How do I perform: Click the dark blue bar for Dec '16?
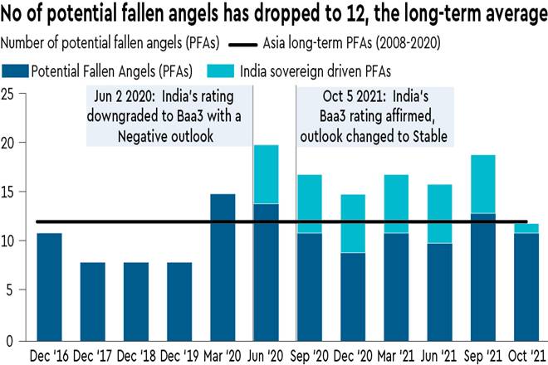(49, 287)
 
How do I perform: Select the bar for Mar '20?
(223, 268)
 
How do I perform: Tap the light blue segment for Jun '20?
(266, 174)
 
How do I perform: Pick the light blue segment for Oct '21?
(526, 228)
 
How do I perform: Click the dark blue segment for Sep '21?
(482, 277)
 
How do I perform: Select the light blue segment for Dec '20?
(353, 223)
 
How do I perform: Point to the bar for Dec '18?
(136, 302)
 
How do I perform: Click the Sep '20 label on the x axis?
(310, 356)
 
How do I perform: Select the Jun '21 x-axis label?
(439, 356)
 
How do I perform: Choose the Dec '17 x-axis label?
(92, 356)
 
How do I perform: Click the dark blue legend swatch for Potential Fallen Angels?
(15, 71)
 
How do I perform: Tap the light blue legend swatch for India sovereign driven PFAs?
(220, 71)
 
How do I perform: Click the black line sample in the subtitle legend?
(242, 45)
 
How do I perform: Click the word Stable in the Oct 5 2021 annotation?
(430, 136)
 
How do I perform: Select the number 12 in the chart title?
(353, 14)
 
